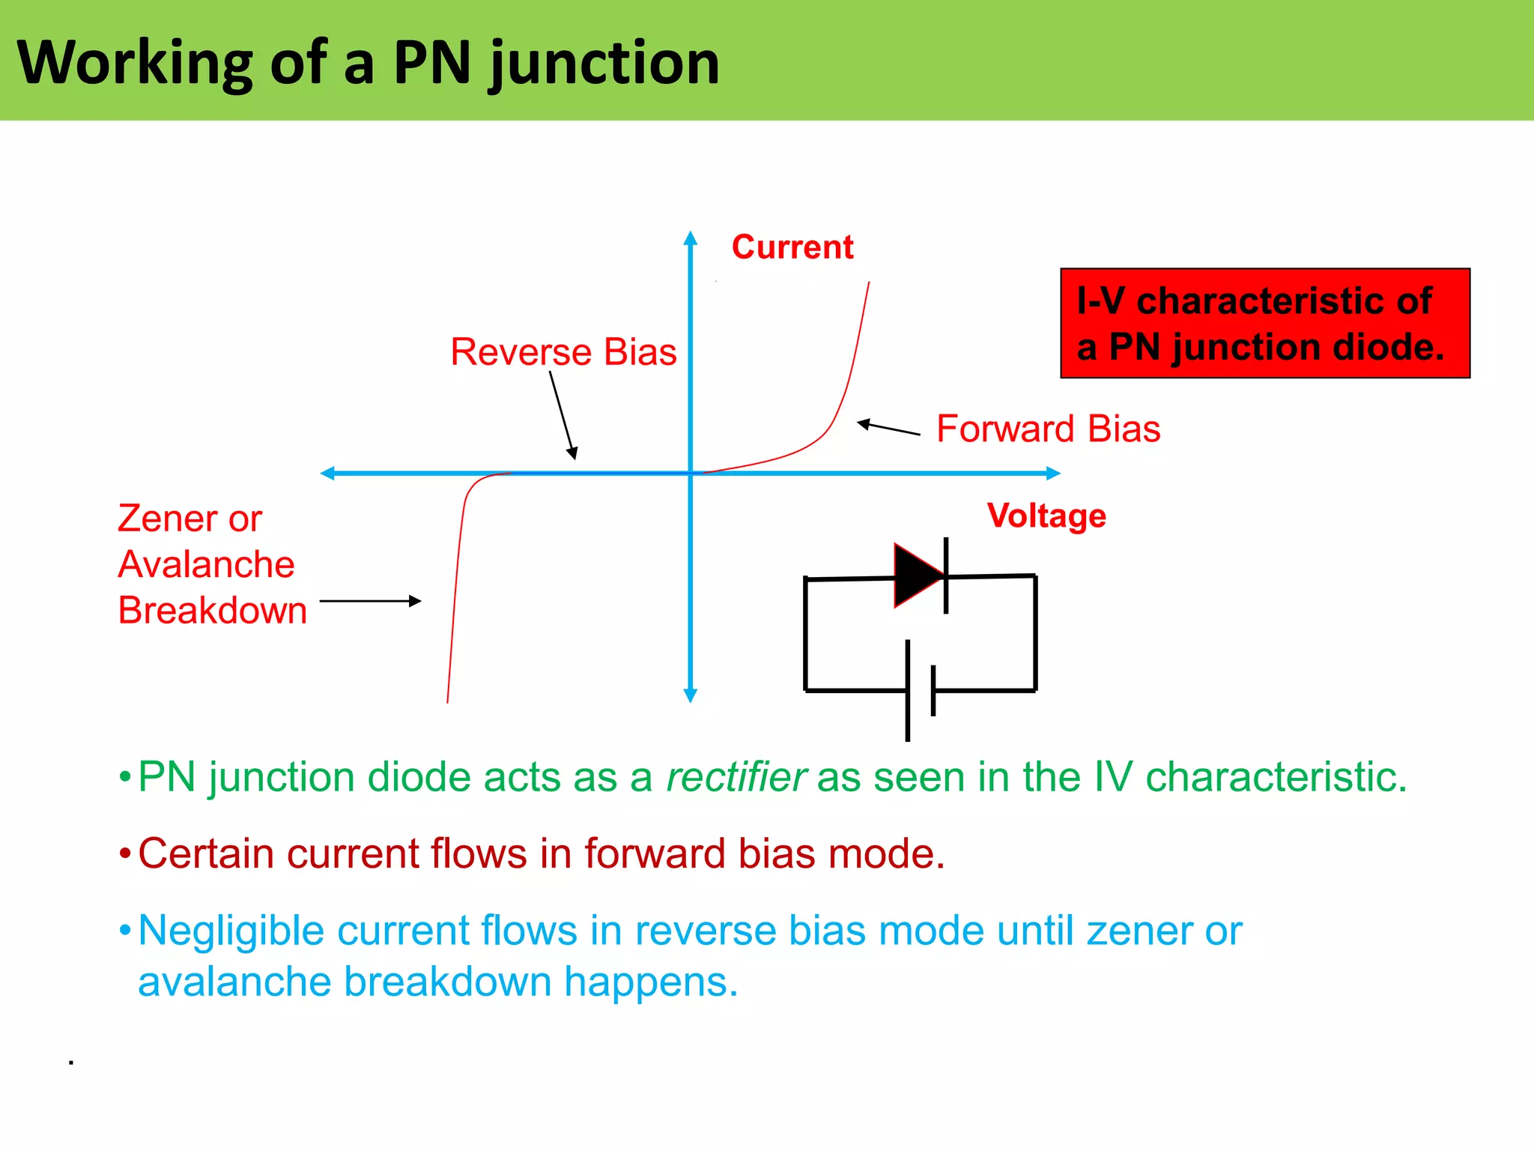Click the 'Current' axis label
(792, 247)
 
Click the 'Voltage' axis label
(1046, 516)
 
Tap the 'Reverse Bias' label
(563, 352)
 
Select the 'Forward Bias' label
(1048, 429)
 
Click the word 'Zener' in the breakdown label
(166, 519)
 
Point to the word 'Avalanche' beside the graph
(206, 564)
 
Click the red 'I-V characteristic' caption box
(1264, 323)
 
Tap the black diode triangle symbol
(918, 575)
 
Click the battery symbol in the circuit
(920, 690)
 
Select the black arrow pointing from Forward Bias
(888, 428)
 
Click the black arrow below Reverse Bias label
(563, 415)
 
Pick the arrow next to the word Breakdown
(370, 601)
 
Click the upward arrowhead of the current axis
(691, 238)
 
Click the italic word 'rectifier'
(736, 777)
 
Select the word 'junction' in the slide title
(604, 63)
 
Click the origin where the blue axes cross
(691, 473)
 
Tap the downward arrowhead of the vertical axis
(691, 695)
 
